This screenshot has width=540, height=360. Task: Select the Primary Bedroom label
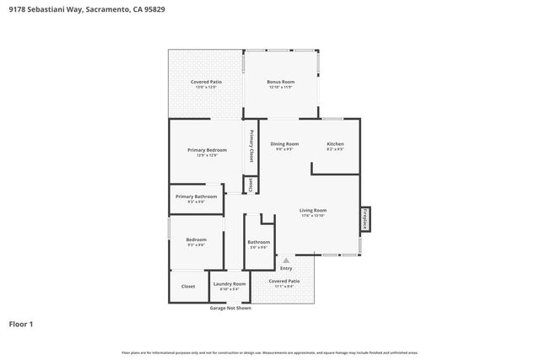click(207, 150)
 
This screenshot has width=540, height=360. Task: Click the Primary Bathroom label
click(196, 196)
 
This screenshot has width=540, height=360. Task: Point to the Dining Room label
click(284, 144)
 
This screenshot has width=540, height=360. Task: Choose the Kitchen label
click(335, 144)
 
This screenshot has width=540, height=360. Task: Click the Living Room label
click(312, 211)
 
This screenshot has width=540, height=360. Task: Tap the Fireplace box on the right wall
click(365, 218)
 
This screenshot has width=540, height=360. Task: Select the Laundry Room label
click(229, 285)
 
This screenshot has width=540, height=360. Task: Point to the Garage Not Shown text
click(229, 308)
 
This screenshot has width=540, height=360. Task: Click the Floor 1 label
click(22, 324)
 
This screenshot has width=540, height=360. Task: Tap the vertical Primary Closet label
click(251, 146)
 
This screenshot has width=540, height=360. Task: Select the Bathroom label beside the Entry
click(258, 243)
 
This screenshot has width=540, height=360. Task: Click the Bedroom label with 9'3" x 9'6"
click(196, 240)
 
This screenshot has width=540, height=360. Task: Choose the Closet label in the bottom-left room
click(188, 286)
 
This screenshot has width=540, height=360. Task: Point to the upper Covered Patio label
click(206, 83)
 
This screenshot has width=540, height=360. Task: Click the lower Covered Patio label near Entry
click(283, 282)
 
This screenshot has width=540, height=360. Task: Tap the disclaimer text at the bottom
click(270, 352)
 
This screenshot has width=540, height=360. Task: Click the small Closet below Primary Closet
click(251, 185)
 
